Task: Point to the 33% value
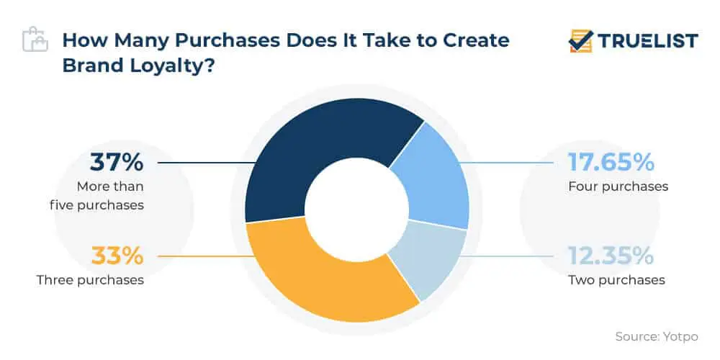(x=117, y=256)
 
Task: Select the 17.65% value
(x=611, y=163)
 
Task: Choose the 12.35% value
(x=611, y=256)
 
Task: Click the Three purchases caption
(x=90, y=279)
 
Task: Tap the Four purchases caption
(x=618, y=186)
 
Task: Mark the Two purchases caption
(x=616, y=279)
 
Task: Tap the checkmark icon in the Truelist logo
(x=580, y=41)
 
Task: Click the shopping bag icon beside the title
(x=34, y=40)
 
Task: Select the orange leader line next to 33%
(x=202, y=256)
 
